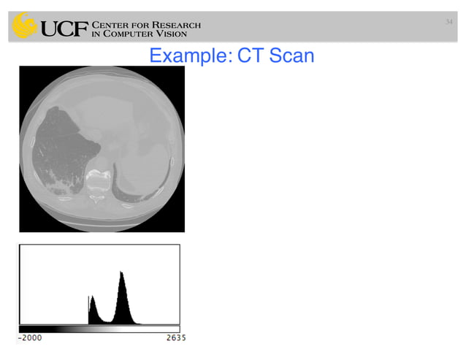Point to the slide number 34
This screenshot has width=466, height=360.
(x=449, y=21)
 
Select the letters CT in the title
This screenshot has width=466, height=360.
(x=248, y=55)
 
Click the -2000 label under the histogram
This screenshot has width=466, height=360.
(x=30, y=338)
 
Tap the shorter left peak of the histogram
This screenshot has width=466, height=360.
(x=91, y=298)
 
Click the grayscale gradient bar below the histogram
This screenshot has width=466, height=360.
(x=99, y=329)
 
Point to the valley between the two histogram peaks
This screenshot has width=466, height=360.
(x=106, y=321)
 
